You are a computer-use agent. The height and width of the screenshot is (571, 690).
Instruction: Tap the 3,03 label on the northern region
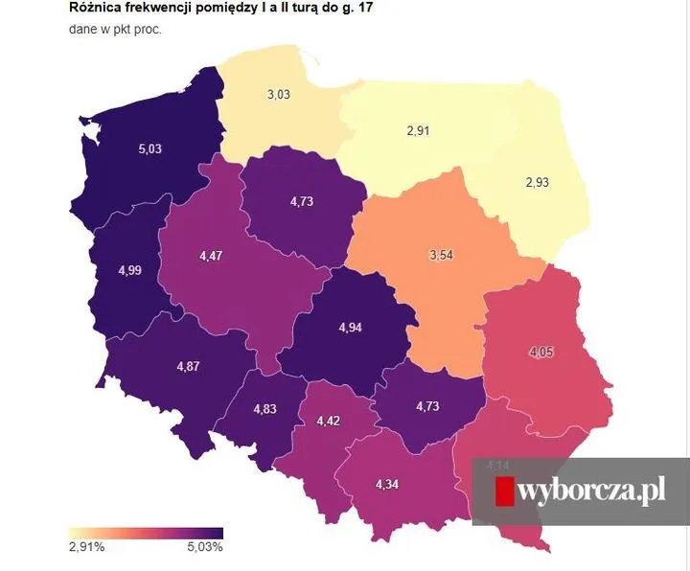(279, 94)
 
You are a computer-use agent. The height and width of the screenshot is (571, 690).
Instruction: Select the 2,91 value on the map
(418, 130)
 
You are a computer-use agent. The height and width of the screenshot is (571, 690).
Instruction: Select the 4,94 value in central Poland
(353, 328)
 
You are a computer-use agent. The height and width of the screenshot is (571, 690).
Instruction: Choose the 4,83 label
(265, 409)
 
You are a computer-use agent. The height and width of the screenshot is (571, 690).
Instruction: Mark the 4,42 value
(327, 421)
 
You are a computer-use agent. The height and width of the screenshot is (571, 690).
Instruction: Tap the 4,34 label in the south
(387, 484)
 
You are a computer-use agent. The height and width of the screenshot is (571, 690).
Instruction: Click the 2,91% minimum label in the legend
(85, 547)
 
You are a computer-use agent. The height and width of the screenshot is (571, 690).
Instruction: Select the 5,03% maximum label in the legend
(204, 547)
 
